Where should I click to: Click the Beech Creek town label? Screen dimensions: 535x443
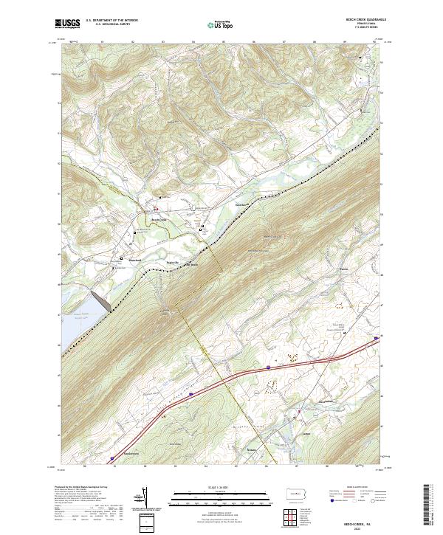(x=159, y=220)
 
